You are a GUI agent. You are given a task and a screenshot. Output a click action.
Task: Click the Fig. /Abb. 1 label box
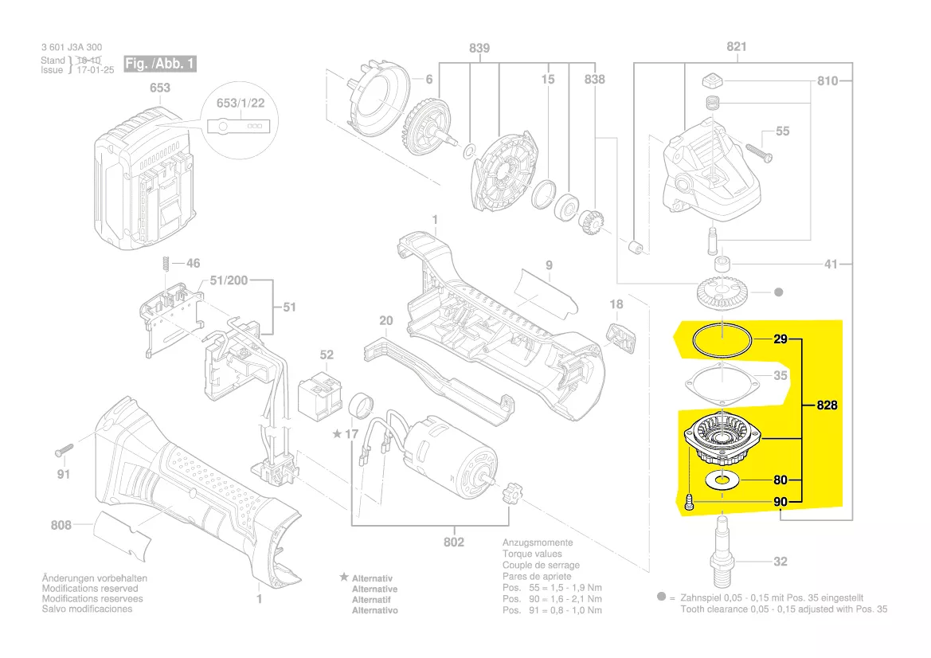click(160, 64)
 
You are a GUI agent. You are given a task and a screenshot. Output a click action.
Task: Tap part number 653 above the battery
click(160, 88)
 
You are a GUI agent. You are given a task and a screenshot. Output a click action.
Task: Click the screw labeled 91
click(64, 450)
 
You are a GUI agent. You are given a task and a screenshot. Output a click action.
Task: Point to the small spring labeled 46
click(166, 263)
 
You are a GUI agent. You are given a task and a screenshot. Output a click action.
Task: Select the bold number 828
click(827, 405)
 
